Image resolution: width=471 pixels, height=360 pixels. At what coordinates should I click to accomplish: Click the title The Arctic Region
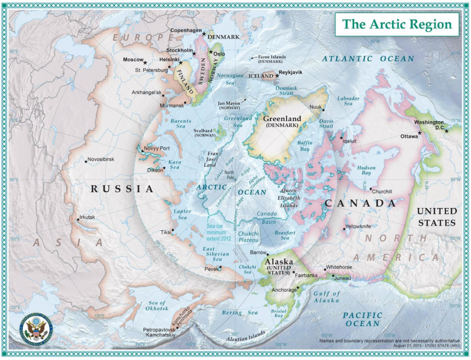click(397, 25)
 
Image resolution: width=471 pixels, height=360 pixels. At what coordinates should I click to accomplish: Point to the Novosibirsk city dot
click(86, 162)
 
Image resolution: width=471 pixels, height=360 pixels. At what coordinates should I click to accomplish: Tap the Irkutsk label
click(89, 217)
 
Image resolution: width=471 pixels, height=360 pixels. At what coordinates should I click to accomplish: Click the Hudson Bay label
click(366, 171)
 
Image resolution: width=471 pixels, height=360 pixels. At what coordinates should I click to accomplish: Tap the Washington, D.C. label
click(429, 124)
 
